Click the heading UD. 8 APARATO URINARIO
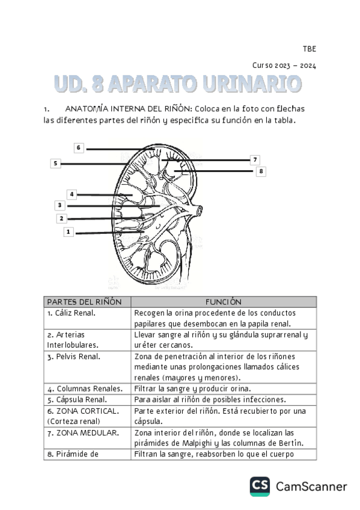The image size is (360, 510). (178, 84)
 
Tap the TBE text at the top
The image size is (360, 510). (309, 49)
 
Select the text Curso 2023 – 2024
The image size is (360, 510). (284, 66)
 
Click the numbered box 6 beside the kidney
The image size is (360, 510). (79, 148)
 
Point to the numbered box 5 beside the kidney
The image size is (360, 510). (55, 163)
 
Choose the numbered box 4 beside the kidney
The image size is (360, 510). (72, 194)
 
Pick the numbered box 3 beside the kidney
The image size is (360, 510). (59, 205)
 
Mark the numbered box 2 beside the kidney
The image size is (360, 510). (61, 218)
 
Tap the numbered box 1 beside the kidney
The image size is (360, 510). (69, 232)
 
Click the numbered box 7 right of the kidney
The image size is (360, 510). (255, 159)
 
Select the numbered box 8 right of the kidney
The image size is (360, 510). (260, 171)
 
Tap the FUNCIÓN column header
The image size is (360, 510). (223, 302)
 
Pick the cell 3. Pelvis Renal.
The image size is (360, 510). (73, 356)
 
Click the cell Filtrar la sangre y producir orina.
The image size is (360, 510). (193, 389)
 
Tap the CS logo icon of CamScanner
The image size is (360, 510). (260, 487)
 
